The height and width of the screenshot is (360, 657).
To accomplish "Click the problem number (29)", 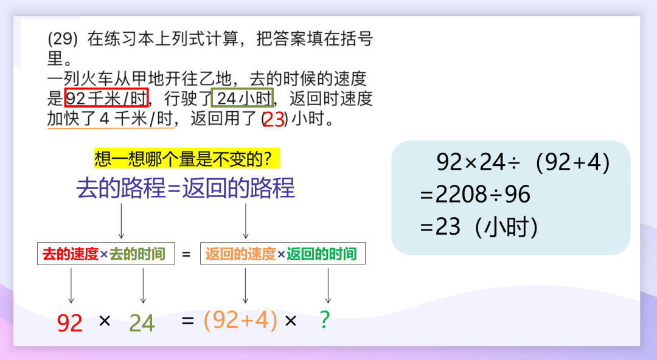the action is [63, 39].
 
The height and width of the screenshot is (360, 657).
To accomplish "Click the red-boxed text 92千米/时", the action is [106, 98].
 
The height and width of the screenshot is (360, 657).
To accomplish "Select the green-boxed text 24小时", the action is [243, 98].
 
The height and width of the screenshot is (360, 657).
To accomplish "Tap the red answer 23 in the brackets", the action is [274, 120].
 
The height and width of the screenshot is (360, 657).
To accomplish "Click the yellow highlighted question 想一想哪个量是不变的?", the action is [187, 159].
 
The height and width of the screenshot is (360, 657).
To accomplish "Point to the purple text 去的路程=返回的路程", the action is [186, 188].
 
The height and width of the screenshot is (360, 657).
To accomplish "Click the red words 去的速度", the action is [71, 254].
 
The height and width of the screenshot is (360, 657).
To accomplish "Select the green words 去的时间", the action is [137, 254].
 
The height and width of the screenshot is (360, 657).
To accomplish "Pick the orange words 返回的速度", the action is [240, 254].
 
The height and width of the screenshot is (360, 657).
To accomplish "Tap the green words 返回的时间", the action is [321, 254].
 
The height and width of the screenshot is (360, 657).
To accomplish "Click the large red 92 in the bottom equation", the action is [69, 323].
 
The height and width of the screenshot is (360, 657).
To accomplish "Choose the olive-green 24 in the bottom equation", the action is [142, 323].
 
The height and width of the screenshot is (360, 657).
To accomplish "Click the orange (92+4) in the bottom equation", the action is [240, 321].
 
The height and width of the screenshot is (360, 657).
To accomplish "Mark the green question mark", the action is [325, 320].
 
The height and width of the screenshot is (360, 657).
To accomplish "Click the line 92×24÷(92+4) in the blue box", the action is [523, 162].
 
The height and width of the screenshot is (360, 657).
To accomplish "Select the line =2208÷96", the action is [475, 195].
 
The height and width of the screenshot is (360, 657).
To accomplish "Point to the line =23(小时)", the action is [479, 227].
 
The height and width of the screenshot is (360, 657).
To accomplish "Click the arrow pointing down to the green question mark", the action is [328, 285].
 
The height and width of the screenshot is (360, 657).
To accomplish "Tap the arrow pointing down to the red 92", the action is [71, 285].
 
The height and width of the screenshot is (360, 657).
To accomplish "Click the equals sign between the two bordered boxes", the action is [187, 254].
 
